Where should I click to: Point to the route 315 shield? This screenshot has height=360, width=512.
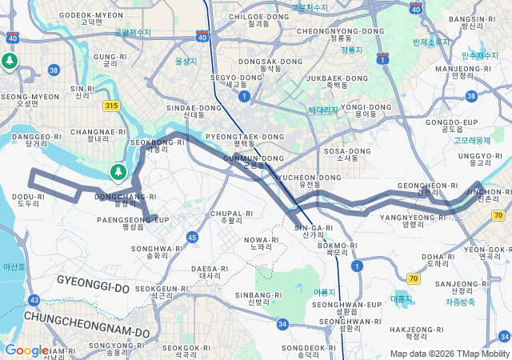click(x=111, y=106)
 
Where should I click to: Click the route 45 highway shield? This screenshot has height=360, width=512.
click(x=192, y=238)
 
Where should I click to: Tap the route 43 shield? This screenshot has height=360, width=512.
click(x=34, y=300)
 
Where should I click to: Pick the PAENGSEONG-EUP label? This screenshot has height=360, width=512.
click(x=133, y=219)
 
